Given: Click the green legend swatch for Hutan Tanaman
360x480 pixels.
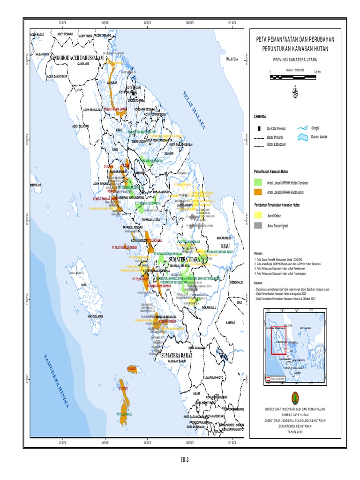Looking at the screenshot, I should tap(258, 182).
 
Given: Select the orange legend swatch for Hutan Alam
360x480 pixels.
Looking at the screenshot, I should tap(258, 192).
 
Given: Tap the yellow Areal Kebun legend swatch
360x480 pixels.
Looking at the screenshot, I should tap(258, 215).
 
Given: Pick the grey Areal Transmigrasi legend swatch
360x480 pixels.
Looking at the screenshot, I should tap(258, 225).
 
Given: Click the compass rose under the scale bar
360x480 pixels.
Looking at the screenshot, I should tap(295, 91).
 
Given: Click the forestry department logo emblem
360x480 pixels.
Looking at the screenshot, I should tap(294, 395).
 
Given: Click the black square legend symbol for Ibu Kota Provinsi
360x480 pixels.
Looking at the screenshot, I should tap(258, 128).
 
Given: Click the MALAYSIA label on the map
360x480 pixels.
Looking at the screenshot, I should tap(232, 60).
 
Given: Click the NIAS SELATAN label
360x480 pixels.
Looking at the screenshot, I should tap(95, 316).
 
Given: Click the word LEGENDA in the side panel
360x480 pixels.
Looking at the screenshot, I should tap(261, 116).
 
